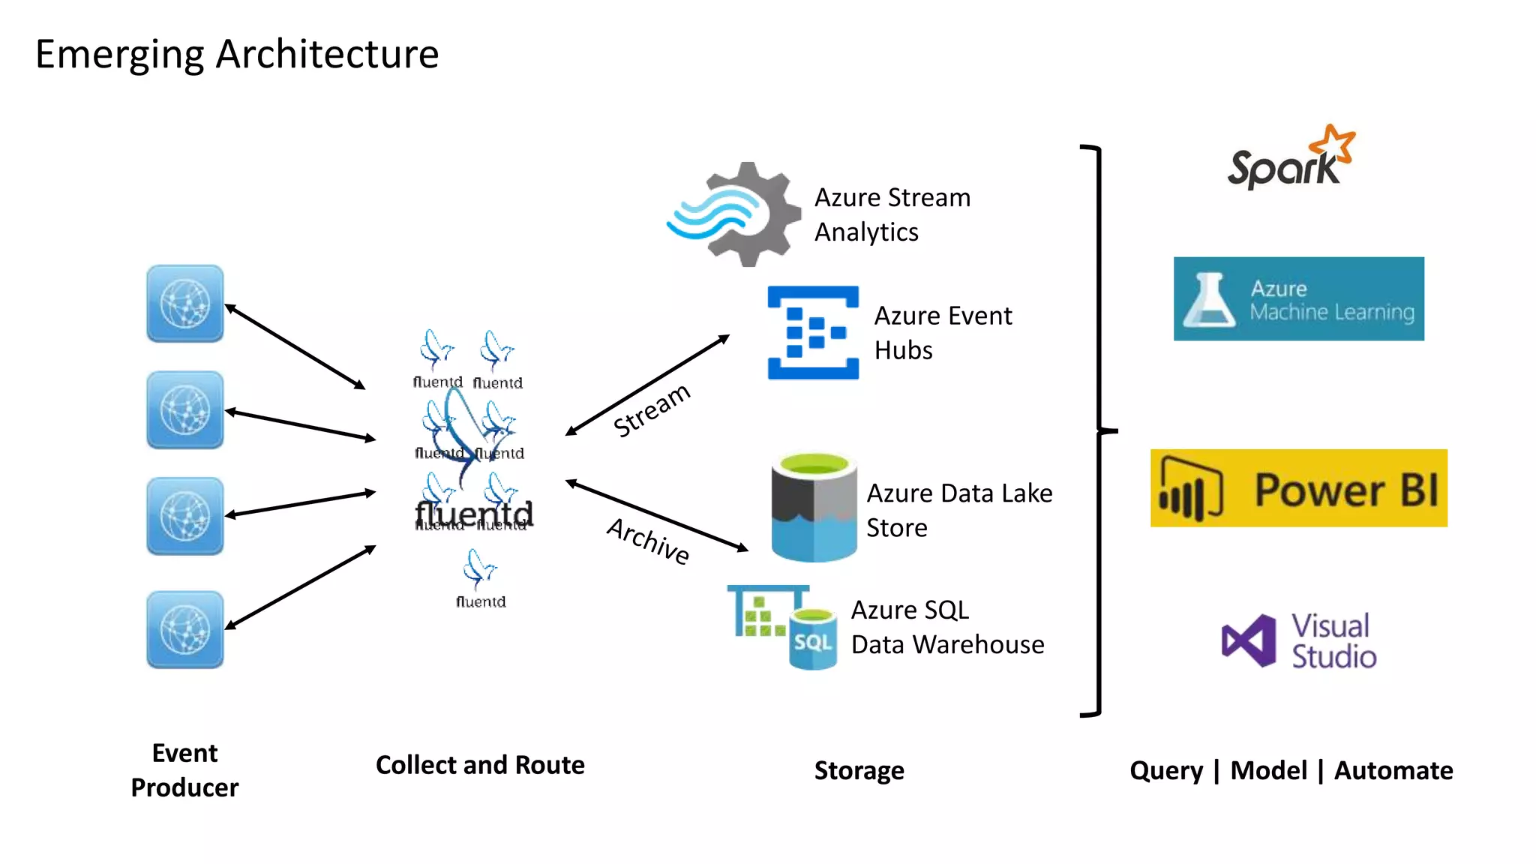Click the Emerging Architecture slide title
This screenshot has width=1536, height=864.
coord(237,54)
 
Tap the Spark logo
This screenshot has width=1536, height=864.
coord(1289,160)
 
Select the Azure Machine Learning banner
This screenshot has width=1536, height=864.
coord(1298,298)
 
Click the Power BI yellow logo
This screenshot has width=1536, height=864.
coord(1298,488)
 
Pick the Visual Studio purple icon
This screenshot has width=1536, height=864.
coord(1248,641)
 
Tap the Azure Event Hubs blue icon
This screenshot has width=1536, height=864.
coord(813,332)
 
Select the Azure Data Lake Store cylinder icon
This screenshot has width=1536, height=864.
coord(814,507)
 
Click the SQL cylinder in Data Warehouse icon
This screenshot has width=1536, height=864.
coord(813,639)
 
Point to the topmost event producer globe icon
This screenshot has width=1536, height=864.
coord(185,304)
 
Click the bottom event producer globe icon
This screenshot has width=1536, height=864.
coord(185,629)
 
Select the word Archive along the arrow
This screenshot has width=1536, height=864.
coord(649,541)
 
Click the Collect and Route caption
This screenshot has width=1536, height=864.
coord(480,765)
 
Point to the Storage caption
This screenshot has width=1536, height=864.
coord(859,770)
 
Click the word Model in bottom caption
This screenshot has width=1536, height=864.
coord(1268,770)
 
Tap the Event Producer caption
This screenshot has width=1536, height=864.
coord(184,770)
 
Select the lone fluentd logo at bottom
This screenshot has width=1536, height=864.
coord(481,578)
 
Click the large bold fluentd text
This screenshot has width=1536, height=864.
coord(474,514)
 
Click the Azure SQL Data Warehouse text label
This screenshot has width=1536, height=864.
coord(947,627)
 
